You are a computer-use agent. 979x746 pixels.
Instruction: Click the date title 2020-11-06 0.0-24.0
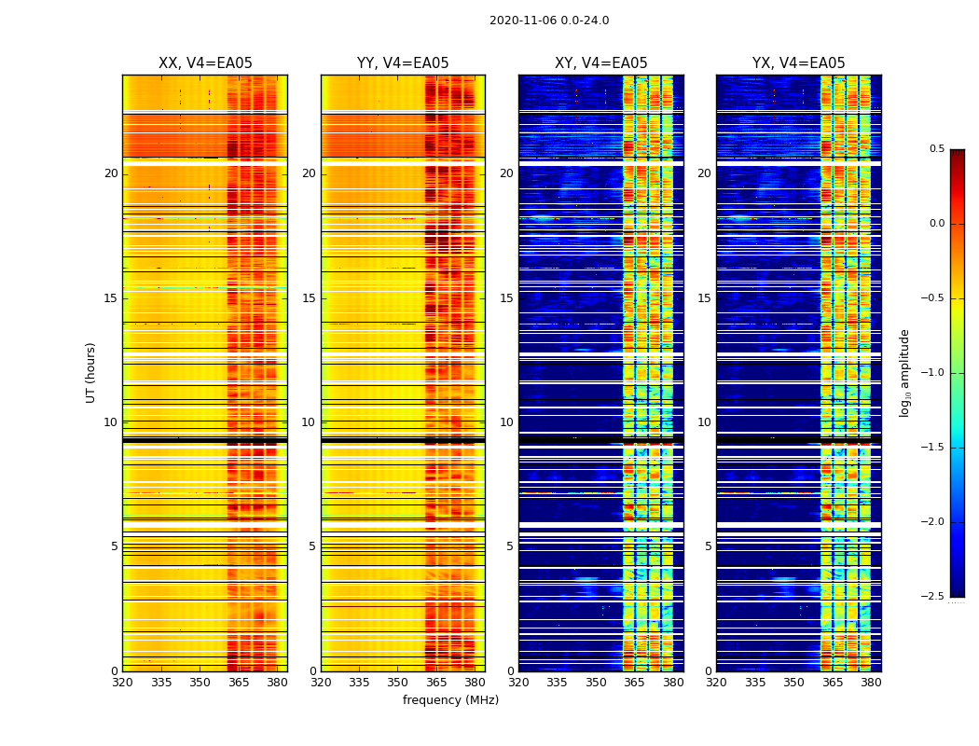click(549, 21)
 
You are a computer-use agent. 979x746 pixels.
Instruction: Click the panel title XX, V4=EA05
click(205, 63)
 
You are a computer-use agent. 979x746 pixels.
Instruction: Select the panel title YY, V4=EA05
click(403, 63)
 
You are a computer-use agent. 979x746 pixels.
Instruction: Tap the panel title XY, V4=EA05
click(601, 63)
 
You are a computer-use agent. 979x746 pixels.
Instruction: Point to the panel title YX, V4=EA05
click(799, 63)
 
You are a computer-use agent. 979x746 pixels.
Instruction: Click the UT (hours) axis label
click(91, 372)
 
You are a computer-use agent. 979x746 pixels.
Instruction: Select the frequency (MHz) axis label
click(450, 700)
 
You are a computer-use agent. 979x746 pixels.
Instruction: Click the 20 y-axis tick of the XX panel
click(111, 173)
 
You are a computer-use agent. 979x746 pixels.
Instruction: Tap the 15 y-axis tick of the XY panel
click(507, 298)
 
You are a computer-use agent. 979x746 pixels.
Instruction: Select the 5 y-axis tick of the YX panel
click(708, 546)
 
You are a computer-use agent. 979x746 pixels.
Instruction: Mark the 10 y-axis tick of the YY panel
click(310, 422)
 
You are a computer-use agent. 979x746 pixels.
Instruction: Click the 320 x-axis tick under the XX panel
click(122, 683)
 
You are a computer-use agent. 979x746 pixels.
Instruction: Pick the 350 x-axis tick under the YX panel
click(793, 683)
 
